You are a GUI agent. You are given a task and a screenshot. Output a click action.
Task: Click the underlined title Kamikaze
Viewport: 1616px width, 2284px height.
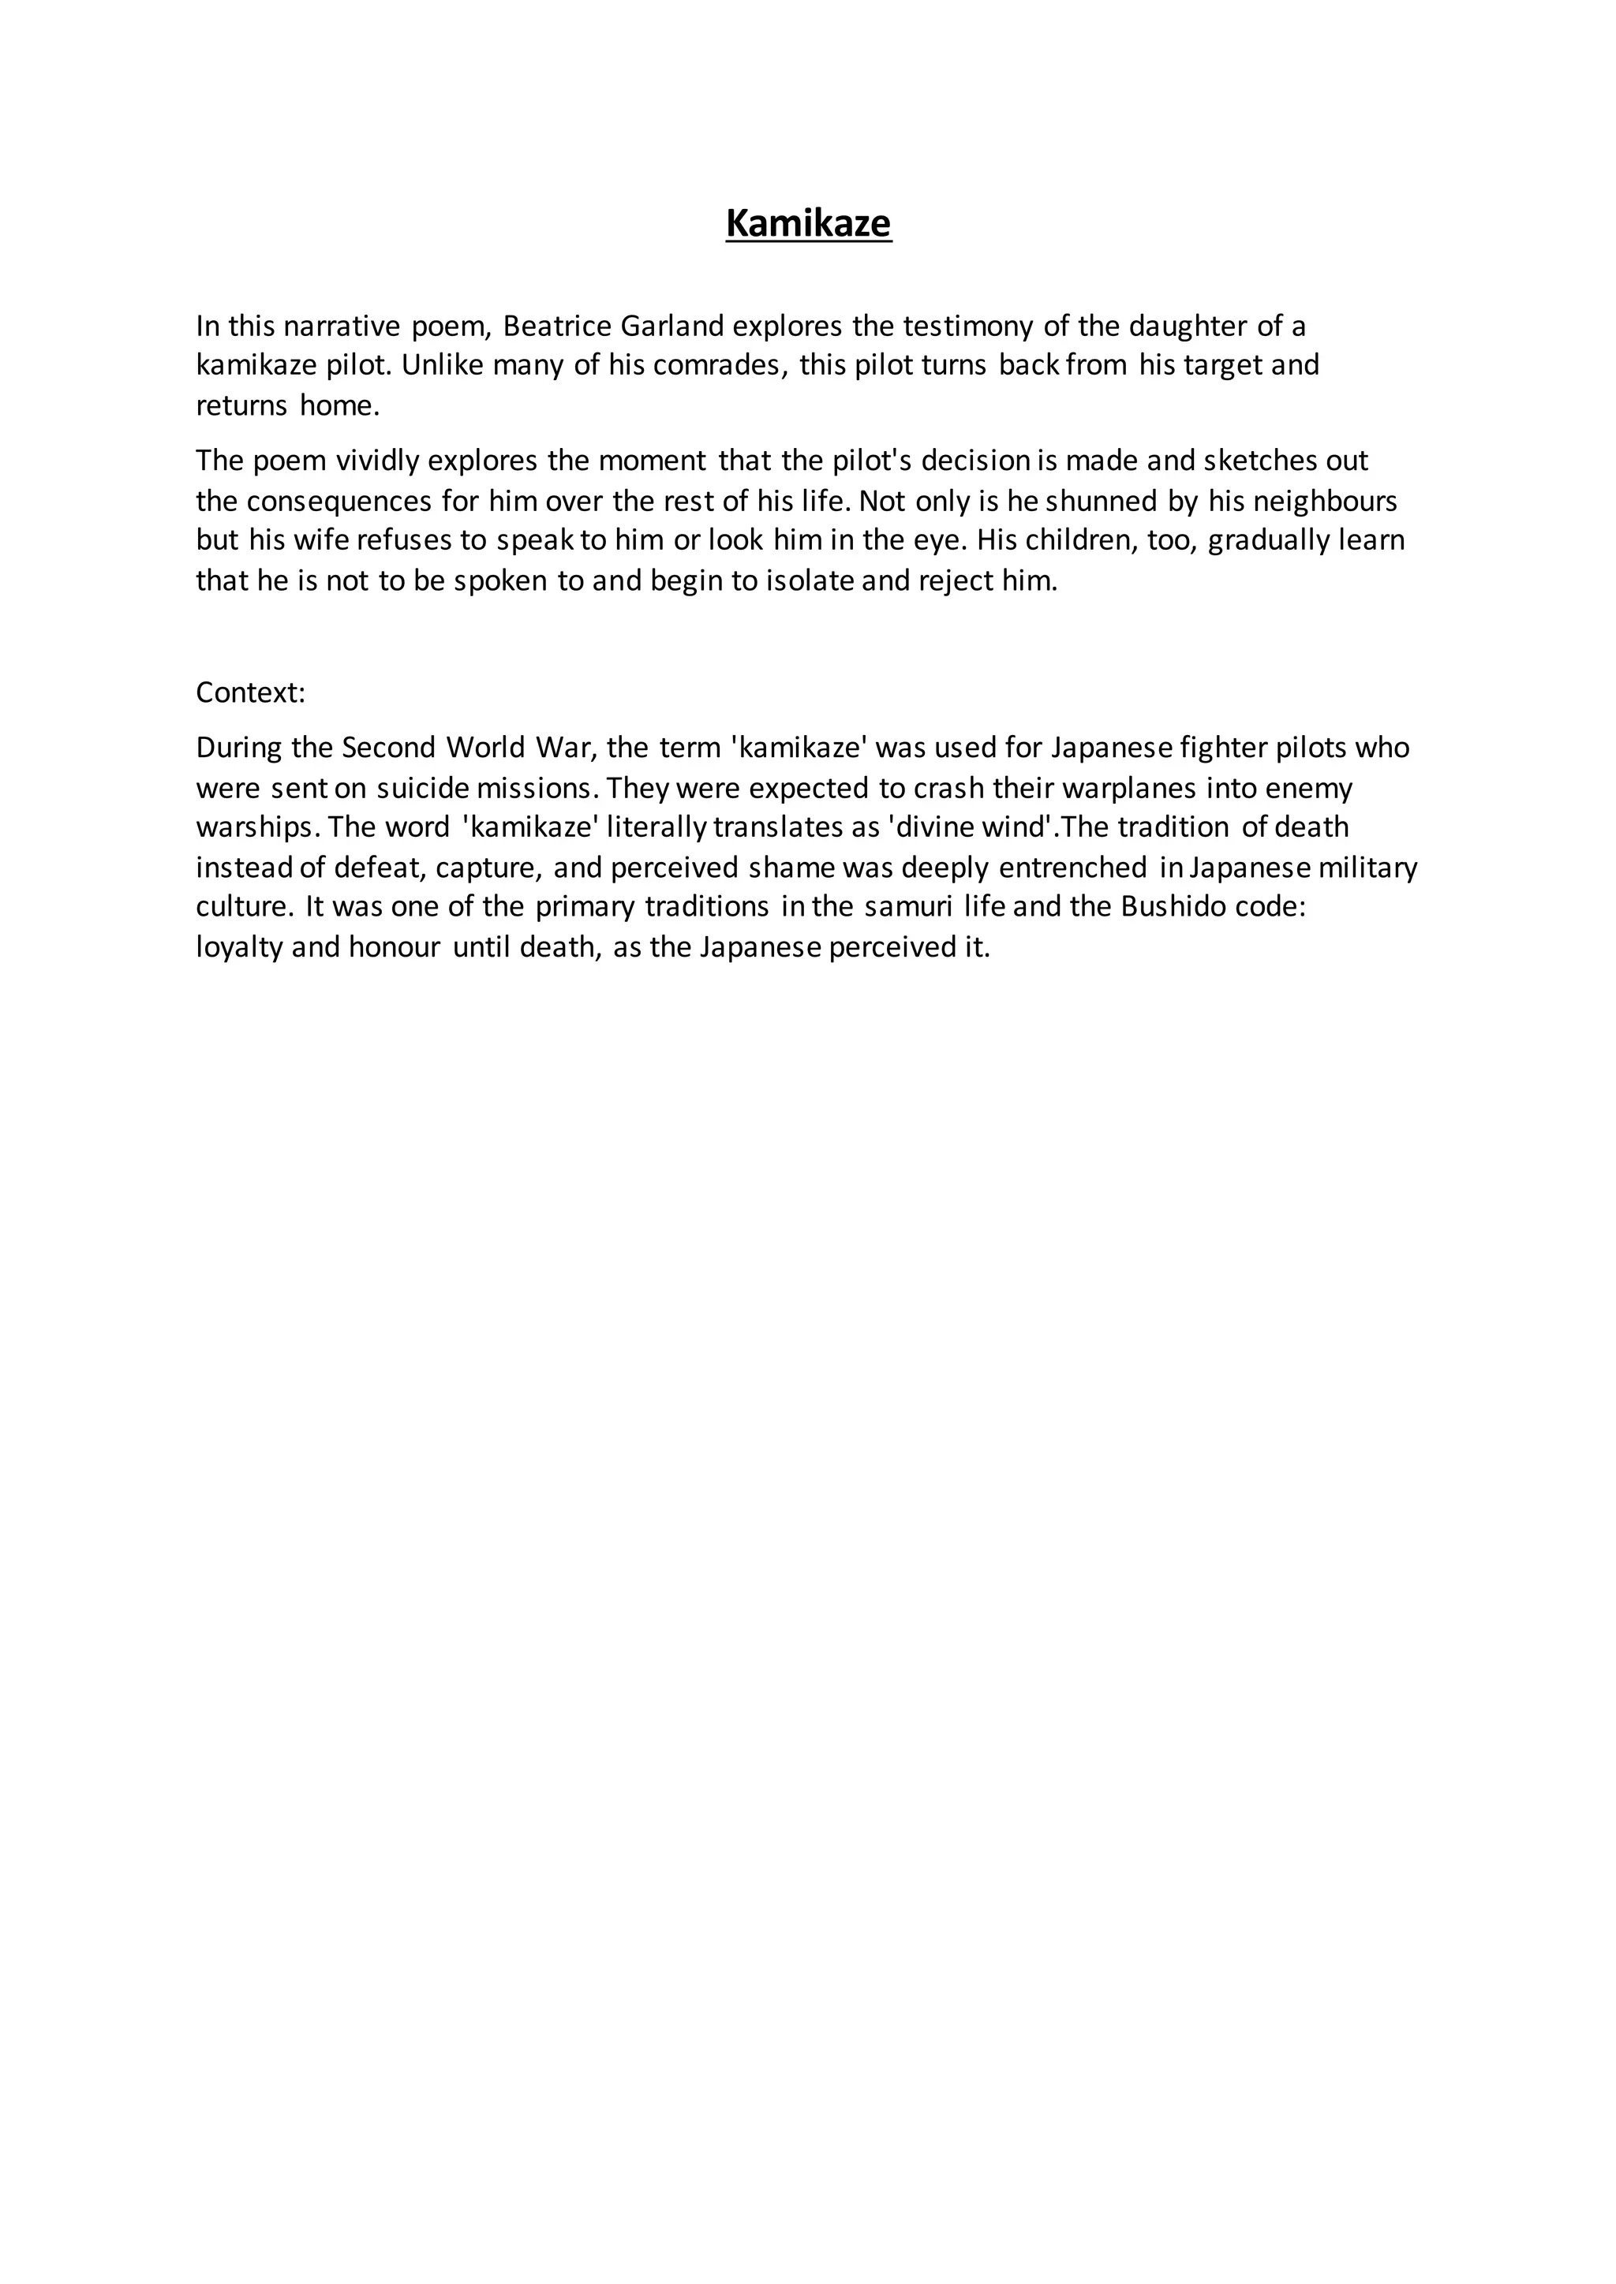tap(808, 224)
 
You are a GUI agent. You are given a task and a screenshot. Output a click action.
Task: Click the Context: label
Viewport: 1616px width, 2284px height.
tap(251, 692)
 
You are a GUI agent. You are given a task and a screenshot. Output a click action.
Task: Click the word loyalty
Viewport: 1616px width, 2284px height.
tap(240, 947)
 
